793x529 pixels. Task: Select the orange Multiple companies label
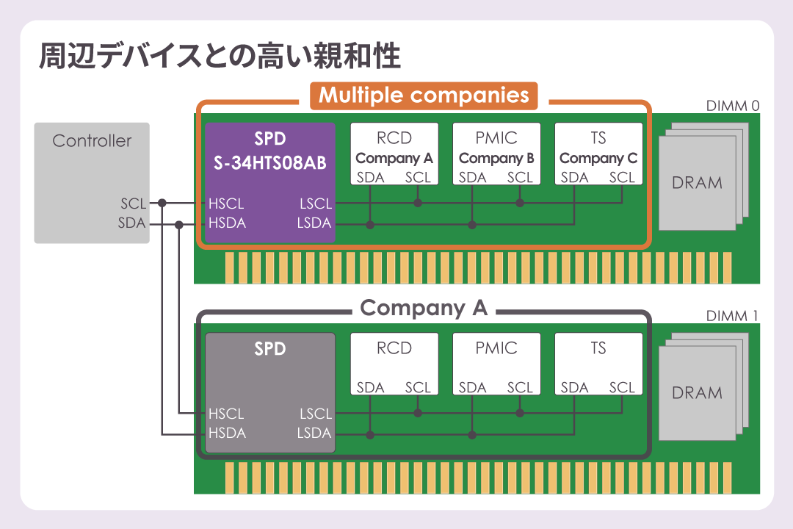click(424, 96)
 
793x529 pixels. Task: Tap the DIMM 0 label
click(732, 106)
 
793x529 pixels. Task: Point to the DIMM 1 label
click(732, 317)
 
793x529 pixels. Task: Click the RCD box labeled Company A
click(394, 153)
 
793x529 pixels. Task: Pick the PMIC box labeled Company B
click(496, 153)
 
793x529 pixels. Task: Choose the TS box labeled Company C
click(598, 153)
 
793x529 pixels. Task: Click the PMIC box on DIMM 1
click(496, 364)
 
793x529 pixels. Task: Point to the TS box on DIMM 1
click(598, 364)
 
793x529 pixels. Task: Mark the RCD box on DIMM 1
click(394, 364)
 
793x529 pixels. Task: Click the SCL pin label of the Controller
click(133, 204)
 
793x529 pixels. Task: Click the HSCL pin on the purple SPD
click(225, 204)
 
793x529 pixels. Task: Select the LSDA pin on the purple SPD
click(314, 223)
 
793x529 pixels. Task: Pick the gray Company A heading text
click(424, 308)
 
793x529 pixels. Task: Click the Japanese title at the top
click(220, 57)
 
